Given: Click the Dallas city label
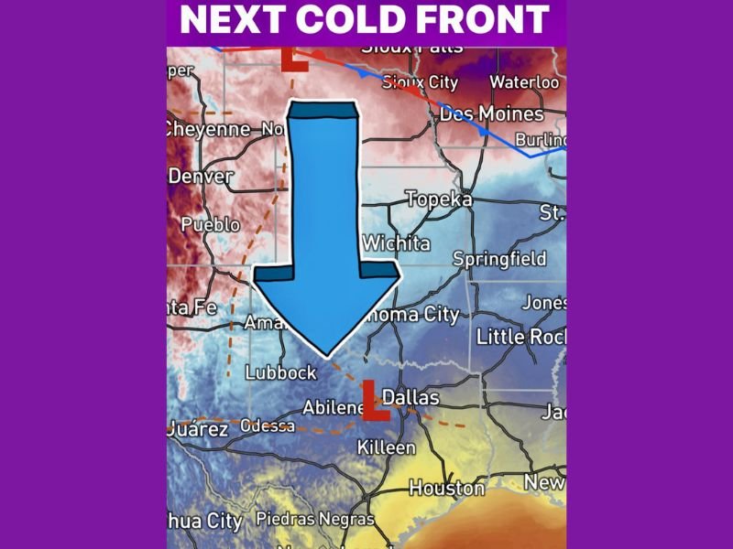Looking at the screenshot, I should point(410,398).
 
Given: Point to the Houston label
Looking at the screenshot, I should point(446,489).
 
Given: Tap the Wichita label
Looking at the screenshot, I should point(396,243).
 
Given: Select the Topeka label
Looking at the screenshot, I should point(439,199).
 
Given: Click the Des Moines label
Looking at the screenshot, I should point(492,114).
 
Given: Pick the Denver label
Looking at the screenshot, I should point(200,176).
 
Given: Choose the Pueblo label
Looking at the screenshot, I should point(211,224).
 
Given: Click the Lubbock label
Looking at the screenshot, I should point(280,372).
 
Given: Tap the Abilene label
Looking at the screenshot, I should point(334,408).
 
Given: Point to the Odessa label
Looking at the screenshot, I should point(268,425).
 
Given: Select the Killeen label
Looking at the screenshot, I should point(386,447).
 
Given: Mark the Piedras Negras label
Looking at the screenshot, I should point(315,519).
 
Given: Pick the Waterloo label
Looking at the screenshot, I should point(524,82).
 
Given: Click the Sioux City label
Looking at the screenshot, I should point(420,82).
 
